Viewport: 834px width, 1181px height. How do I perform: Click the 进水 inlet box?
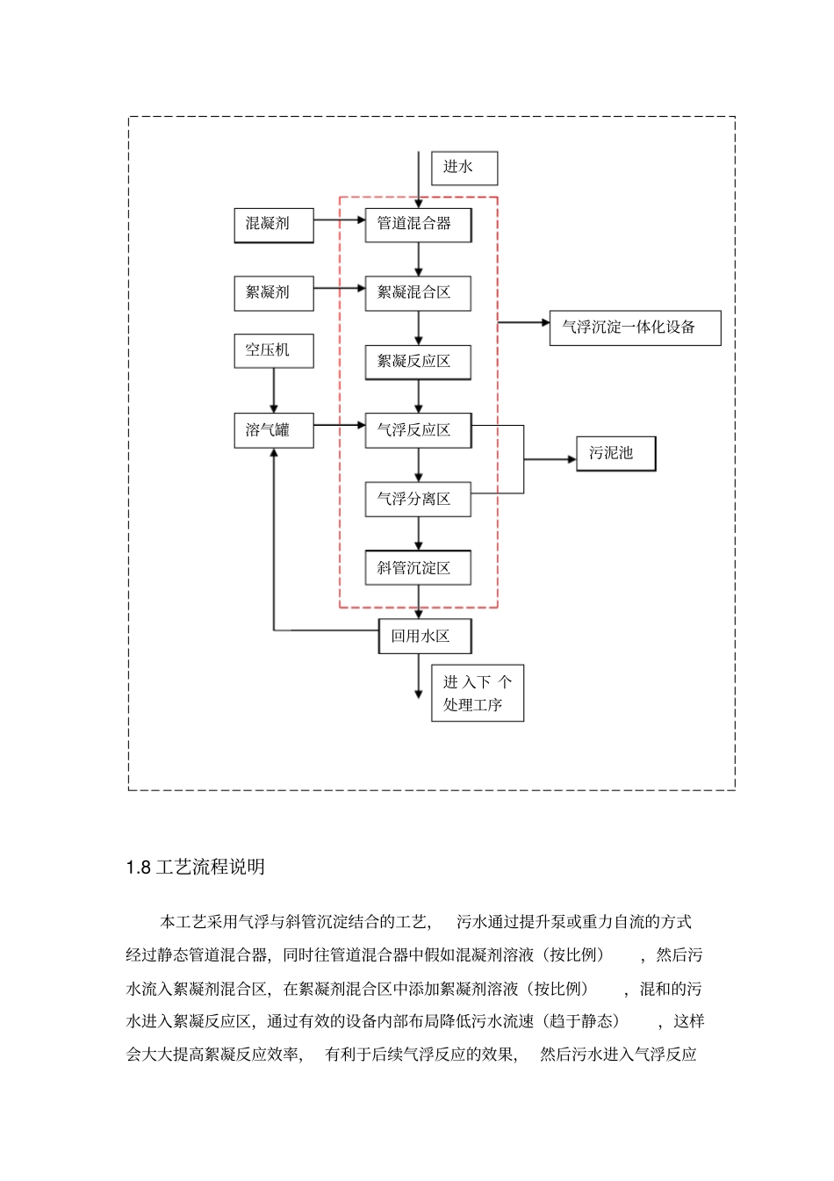(x=464, y=168)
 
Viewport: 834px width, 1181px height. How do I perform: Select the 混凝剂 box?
(x=273, y=224)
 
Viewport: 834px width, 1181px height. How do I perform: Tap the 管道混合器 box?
(x=418, y=224)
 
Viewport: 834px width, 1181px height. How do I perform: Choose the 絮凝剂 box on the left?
(x=273, y=292)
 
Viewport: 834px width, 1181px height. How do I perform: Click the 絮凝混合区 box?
(x=418, y=292)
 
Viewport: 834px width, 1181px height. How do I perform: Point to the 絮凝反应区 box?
(x=418, y=361)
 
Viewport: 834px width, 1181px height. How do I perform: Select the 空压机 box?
(x=273, y=349)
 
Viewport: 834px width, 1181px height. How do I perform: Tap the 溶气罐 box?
(x=273, y=430)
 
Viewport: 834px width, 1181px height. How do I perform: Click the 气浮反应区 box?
(x=418, y=430)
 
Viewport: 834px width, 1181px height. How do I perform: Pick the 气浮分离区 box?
(x=418, y=499)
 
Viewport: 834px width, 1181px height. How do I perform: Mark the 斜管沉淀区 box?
(x=418, y=567)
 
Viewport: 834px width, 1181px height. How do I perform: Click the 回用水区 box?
(x=425, y=636)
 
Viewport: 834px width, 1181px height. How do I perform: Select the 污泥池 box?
(x=615, y=453)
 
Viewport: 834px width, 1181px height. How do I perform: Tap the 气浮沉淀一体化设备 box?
(x=635, y=328)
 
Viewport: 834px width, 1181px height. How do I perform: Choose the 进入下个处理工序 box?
(x=477, y=693)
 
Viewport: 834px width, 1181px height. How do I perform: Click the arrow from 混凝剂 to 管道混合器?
(x=339, y=220)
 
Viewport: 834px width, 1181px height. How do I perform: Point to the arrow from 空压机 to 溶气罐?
(x=274, y=390)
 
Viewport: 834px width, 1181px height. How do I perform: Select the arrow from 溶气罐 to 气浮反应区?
(x=339, y=426)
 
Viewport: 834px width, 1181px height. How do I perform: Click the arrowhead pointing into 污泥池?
(x=570, y=458)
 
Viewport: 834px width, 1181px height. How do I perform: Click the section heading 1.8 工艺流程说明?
(x=196, y=868)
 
